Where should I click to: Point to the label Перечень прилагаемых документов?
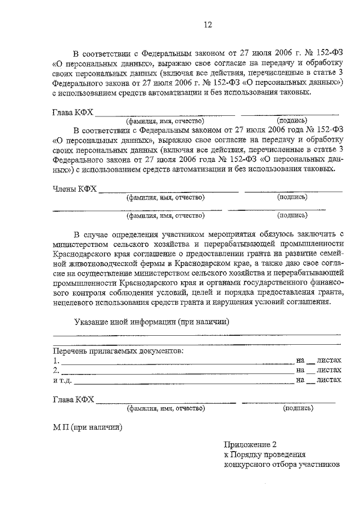(117, 350)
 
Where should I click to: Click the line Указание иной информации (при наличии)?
(151, 321)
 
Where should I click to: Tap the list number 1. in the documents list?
(55, 361)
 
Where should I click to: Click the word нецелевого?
(75, 301)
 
